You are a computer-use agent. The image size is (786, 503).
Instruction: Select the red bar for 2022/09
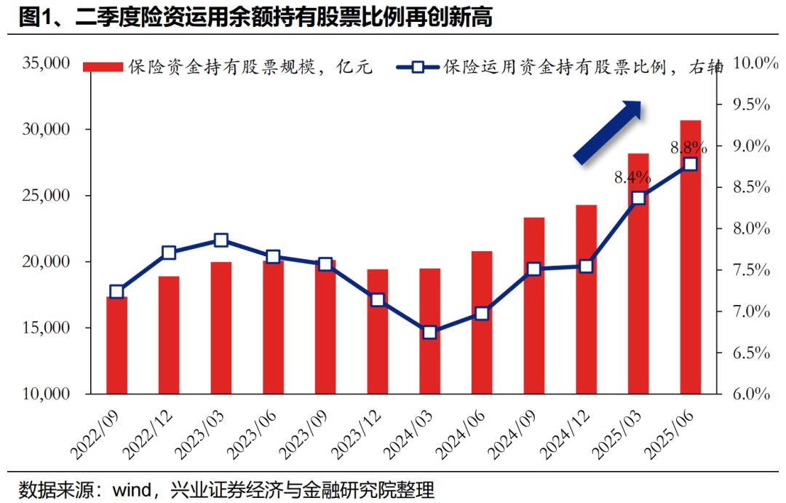(x=116, y=345)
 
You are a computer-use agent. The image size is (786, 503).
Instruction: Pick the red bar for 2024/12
(x=586, y=298)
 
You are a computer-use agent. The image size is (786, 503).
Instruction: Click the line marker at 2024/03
(x=429, y=332)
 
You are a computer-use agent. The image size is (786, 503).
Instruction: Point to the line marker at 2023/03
(x=221, y=241)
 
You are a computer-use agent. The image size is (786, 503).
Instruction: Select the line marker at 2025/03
(x=638, y=198)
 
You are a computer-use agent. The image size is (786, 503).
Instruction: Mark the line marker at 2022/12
(x=169, y=253)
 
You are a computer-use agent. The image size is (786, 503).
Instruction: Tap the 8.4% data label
(x=632, y=177)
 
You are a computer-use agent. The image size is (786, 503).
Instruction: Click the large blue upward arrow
(x=608, y=132)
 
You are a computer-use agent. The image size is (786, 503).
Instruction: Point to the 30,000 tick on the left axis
(x=47, y=130)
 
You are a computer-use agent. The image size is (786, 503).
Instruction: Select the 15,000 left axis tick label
(x=47, y=328)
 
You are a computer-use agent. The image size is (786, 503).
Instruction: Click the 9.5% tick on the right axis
(x=749, y=105)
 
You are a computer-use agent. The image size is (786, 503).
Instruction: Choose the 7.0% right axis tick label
(x=749, y=312)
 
